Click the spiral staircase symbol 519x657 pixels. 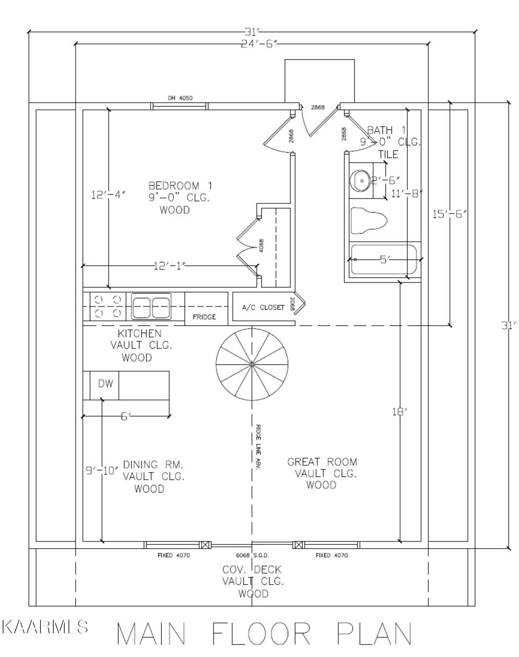point(252,364)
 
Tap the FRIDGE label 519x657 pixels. point(204,317)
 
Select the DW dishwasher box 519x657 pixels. point(105,383)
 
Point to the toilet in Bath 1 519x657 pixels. point(368,220)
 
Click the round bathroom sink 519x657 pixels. point(361,180)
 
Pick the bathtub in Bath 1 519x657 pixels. point(384,260)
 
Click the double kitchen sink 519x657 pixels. point(151,306)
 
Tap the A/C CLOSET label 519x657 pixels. point(263,307)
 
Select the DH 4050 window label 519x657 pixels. point(180,98)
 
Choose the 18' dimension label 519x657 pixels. point(400,411)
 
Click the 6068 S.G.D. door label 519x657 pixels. point(252,555)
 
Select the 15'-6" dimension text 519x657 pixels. point(449,214)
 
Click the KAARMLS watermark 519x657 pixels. point(45,627)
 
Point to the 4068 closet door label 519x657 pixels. point(261,245)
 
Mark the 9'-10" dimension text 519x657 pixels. point(102,471)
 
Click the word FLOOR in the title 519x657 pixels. point(261,633)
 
